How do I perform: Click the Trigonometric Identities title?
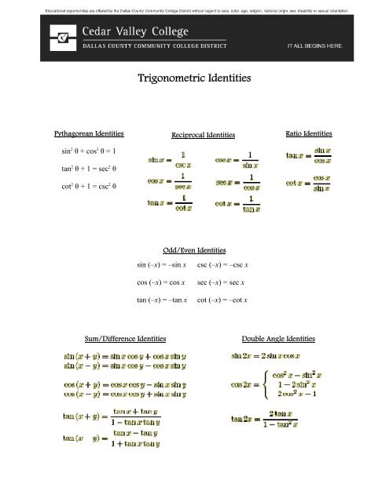(194, 78)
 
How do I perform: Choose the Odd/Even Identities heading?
(194, 249)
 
